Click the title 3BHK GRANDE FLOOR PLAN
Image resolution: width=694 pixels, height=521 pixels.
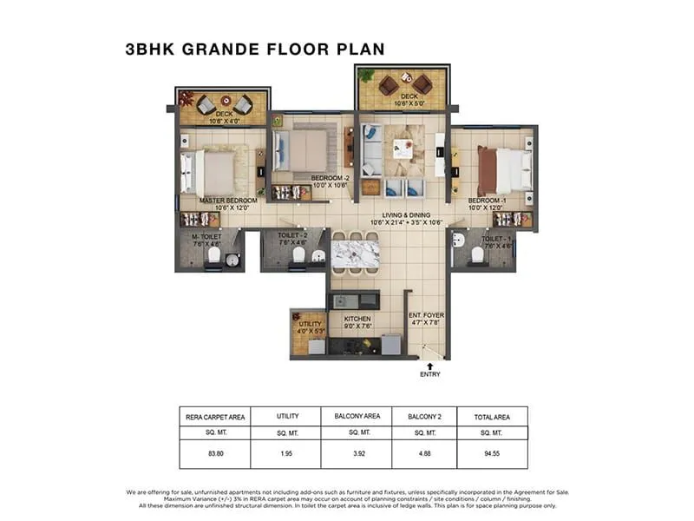pos(254,49)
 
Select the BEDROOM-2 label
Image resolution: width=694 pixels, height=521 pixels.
pos(329,181)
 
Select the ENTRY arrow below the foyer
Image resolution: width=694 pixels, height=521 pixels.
pos(429,366)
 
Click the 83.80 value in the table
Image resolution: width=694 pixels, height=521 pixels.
pos(214,452)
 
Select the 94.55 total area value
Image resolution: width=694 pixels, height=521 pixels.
pos(492,452)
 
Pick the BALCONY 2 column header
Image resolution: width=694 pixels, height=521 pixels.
pos(424,417)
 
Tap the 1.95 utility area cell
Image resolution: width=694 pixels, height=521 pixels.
pos(286,452)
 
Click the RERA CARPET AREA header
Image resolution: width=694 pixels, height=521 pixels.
pos(214,417)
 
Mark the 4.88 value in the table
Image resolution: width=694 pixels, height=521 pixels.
pos(424,452)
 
